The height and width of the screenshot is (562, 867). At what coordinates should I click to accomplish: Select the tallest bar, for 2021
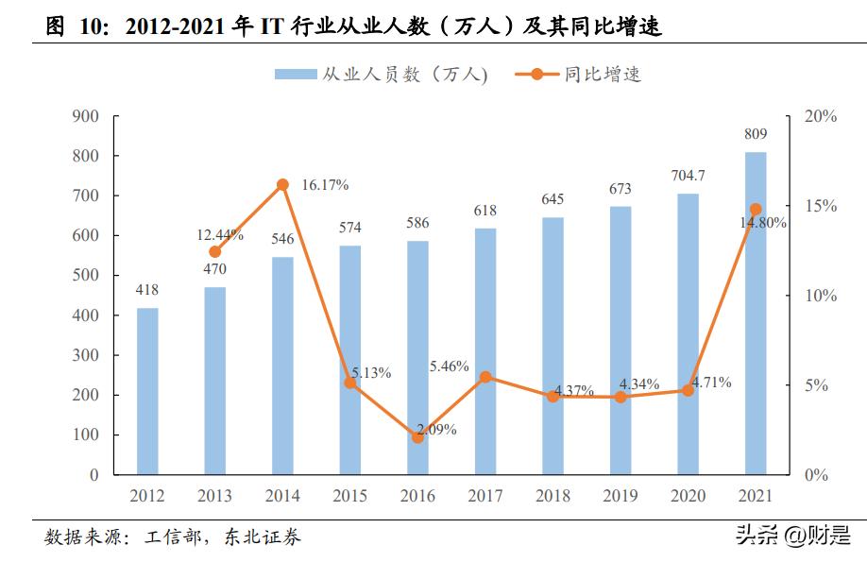(x=756, y=313)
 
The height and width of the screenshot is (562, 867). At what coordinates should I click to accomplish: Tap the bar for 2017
(x=485, y=350)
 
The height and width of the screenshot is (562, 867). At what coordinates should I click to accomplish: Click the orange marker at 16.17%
(x=282, y=185)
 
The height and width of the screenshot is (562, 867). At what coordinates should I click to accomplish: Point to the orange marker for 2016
(x=417, y=437)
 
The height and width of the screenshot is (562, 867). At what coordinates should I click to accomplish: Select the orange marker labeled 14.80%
(x=756, y=209)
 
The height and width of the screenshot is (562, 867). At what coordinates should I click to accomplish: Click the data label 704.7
(x=687, y=176)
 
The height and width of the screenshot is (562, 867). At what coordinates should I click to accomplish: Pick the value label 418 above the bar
(x=147, y=290)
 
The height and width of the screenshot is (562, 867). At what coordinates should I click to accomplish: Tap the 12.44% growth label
(x=220, y=235)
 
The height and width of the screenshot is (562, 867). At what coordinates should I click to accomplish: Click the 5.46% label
(x=449, y=366)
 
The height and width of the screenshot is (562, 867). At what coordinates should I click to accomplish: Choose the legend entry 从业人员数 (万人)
(x=382, y=75)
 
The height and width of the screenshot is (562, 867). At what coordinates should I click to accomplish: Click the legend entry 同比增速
(x=579, y=75)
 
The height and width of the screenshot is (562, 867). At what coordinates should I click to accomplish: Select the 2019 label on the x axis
(x=620, y=496)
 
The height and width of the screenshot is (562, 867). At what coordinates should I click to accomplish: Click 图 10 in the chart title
(x=72, y=27)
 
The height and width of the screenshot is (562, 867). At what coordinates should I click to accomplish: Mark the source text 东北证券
(x=263, y=537)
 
